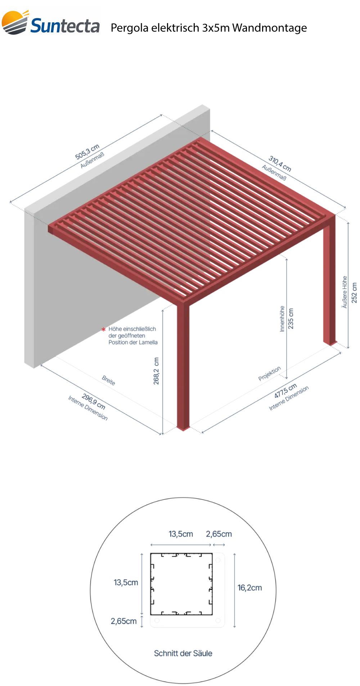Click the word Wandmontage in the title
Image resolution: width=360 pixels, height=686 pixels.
pos(270,28)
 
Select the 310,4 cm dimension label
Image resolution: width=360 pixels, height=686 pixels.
pos(280,163)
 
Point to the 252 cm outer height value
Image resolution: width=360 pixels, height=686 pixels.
pos(354,292)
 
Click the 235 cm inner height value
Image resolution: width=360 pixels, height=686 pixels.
pos(291,318)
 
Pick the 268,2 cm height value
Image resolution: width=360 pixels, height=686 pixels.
pos(156,371)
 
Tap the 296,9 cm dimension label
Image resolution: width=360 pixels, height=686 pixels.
pos(94,401)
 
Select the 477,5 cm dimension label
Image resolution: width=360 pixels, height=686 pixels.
pos(285,391)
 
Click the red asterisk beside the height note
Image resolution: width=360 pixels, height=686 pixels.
pos(104,329)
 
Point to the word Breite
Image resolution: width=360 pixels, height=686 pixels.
pos(108,380)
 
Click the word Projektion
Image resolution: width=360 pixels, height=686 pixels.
pos(269,374)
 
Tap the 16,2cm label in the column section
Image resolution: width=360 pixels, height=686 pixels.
pos(249,588)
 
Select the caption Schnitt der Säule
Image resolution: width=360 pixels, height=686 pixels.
pos(183,653)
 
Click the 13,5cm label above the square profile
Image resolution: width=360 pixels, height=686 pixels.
pos(181,534)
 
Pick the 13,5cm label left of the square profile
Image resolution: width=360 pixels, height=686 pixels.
pos(126,582)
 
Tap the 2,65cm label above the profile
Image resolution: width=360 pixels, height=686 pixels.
pos(219,534)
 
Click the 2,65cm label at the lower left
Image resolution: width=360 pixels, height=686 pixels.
pos(123,621)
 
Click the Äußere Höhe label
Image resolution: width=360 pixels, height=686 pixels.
pos(345,292)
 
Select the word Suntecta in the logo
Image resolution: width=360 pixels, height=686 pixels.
pos(65,26)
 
